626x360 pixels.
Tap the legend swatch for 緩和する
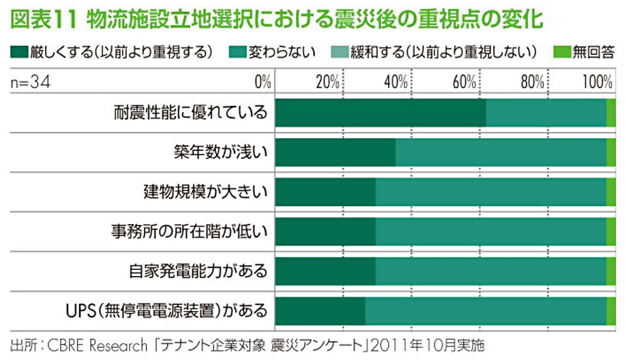pyautogui.click(x=342, y=51)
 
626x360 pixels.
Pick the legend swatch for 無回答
pyautogui.click(x=560, y=51)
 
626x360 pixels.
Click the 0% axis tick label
pyautogui.click(x=262, y=81)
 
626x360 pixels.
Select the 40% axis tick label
pyautogui.click(x=396, y=81)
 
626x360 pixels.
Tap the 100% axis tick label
pyautogui.click(x=597, y=81)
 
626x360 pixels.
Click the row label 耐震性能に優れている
pyautogui.click(x=190, y=113)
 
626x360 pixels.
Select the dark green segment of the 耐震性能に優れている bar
pyautogui.click(x=380, y=113)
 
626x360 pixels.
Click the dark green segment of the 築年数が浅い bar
pyautogui.click(x=335, y=153)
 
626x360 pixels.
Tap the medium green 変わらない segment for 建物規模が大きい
pyautogui.click(x=490, y=192)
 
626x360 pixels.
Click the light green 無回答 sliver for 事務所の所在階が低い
pyautogui.click(x=611, y=232)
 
